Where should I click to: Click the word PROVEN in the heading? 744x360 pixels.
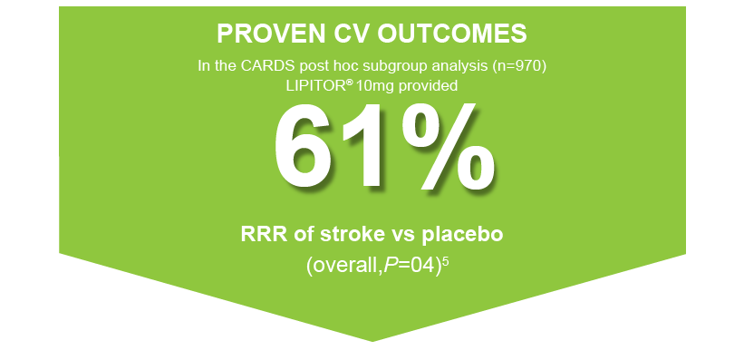[x=261, y=34]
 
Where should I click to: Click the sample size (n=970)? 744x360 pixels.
[x=519, y=66]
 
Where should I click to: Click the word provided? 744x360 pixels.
[x=431, y=85]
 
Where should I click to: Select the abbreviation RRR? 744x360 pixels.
[x=263, y=234]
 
